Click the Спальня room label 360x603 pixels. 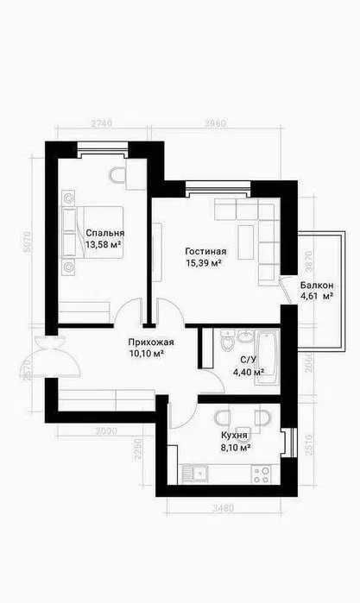104,233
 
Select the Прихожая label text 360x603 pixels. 146,341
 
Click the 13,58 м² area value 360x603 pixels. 103,245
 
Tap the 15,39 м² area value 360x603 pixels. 205,263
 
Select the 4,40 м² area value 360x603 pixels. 248,373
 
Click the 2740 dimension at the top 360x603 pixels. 102,124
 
